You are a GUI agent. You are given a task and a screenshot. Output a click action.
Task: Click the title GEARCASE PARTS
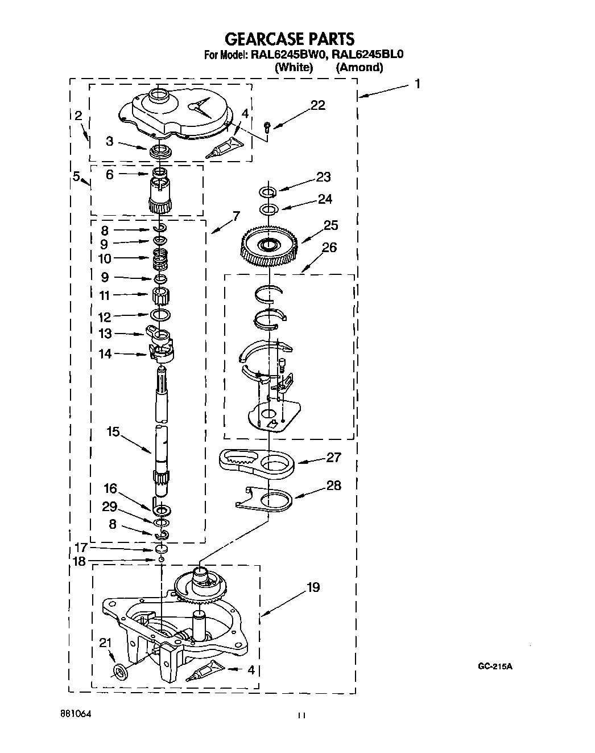[290, 39]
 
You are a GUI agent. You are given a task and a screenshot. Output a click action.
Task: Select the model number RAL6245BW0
[283, 55]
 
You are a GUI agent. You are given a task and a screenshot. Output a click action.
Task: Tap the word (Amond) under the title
[359, 67]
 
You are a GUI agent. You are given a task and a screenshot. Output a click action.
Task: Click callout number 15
[113, 432]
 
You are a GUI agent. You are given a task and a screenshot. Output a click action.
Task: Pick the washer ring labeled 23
[268, 191]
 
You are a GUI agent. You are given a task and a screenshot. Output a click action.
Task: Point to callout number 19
[313, 587]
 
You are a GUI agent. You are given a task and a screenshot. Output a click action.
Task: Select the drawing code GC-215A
[495, 666]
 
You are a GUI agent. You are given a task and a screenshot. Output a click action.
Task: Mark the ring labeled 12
[160, 315]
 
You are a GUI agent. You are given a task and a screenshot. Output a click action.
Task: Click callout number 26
[329, 247]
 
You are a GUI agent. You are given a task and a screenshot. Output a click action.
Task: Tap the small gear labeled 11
[161, 296]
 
